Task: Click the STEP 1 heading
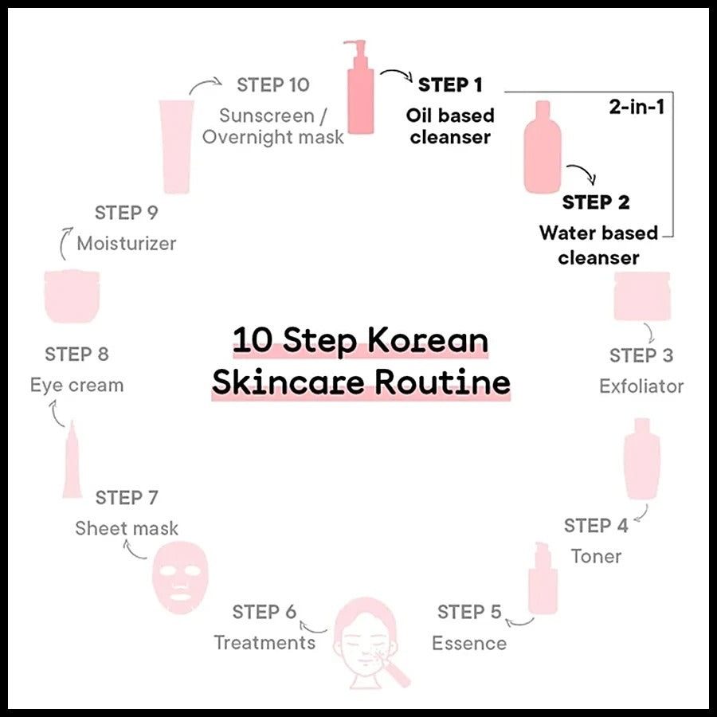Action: click(x=450, y=85)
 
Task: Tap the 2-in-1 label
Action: click(x=637, y=107)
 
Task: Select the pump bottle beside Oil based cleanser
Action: click(x=360, y=87)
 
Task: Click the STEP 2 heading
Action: click(x=596, y=202)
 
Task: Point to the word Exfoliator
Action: click(x=641, y=386)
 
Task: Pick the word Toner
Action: click(x=596, y=557)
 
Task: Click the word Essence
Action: click(x=469, y=644)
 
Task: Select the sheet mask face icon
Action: click(x=180, y=577)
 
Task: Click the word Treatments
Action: click(x=264, y=642)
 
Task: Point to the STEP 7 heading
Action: click(x=127, y=497)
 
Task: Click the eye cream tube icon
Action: click(x=72, y=459)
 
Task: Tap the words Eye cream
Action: click(x=76, y=386)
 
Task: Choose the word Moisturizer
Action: click(x=127, y=244)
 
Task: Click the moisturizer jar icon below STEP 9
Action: click(x=72, y=296)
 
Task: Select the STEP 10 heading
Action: click(x=273, y=85)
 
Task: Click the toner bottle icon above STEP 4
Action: click(x=642, y=459)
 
